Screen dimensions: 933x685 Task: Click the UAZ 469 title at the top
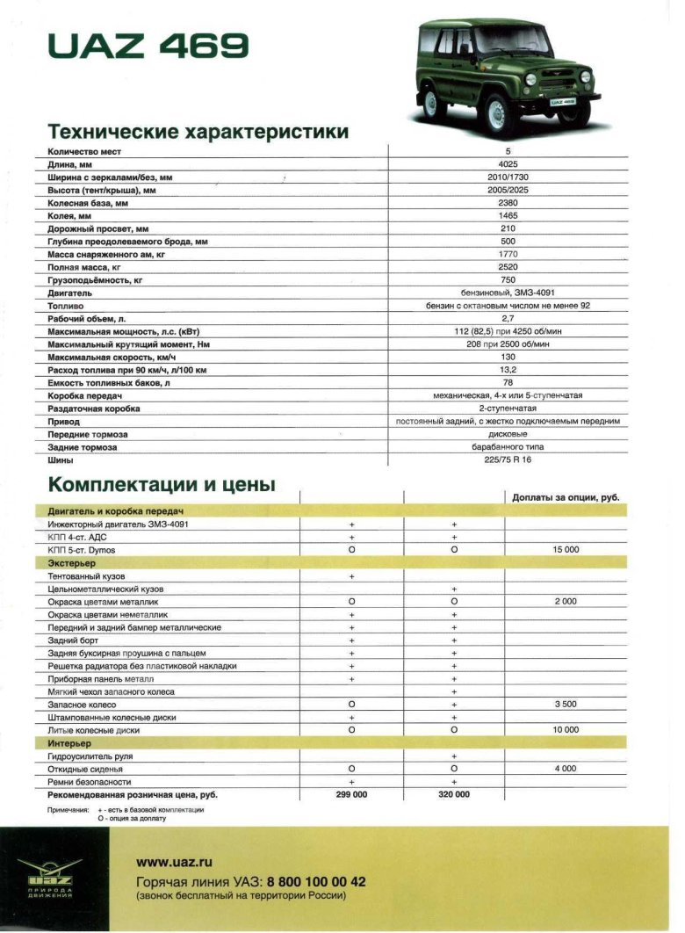148,46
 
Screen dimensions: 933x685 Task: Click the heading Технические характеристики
198,132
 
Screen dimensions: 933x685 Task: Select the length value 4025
508,164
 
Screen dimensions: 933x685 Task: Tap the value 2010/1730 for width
508,177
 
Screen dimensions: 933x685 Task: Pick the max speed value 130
508,358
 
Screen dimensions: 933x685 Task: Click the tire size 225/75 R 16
508,459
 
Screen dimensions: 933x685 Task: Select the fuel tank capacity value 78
508,383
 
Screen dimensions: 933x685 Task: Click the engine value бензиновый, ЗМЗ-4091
508,293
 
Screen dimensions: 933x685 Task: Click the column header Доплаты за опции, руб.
566,497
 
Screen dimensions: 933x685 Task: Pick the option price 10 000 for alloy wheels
566,730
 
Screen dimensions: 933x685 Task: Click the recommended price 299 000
351,794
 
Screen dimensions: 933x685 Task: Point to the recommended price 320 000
454,794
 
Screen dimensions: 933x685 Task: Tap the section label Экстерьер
71,562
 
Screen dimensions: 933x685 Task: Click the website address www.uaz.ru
174,864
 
